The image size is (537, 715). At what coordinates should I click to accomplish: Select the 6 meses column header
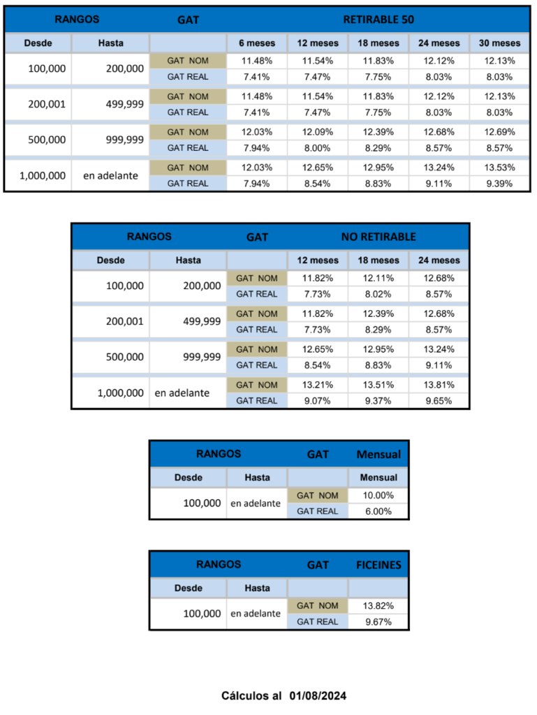pyautogui.click(x=257, y=43)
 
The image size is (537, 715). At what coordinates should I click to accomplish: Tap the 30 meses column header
pyautogui.click(x=499, y=43)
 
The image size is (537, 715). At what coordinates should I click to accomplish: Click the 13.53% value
pyautogui.click(x=499, y=168)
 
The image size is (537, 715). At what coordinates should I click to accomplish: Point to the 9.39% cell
pyautogui.click(x=499, y=184)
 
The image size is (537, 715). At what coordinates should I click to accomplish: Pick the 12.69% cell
pyautogui.click(x=499, y=132)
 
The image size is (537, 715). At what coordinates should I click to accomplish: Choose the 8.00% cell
pyautogui.click(x=318, y=148)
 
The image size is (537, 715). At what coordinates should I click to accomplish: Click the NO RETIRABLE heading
pyautogui.click(x=378, y=237)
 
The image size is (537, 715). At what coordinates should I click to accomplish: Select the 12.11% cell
pyautogui.click(x=379, y=278)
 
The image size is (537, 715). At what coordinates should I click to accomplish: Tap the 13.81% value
pyautogui.click(x=439, y=385)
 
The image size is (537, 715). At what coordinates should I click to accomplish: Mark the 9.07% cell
pyautogui.click(x=318, y=401)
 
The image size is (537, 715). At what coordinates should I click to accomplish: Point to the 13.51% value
pyautogui.click(x=379, y=385)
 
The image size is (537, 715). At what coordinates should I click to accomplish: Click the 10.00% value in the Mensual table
pyautogui.click(x=378, y=495)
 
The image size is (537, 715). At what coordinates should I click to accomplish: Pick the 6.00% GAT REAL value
pyautogui.click(x=378, y=511)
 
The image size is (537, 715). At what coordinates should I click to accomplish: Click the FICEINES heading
pyautogui.click(x=378, y=565)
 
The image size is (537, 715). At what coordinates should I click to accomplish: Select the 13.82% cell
pyautogui.click(x=378, y=605)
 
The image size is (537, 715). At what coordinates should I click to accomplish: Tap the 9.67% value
pyautogui.click(x=378, y=621)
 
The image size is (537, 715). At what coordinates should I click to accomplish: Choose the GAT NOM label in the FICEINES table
pyautogui.click(x=318, y=605)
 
